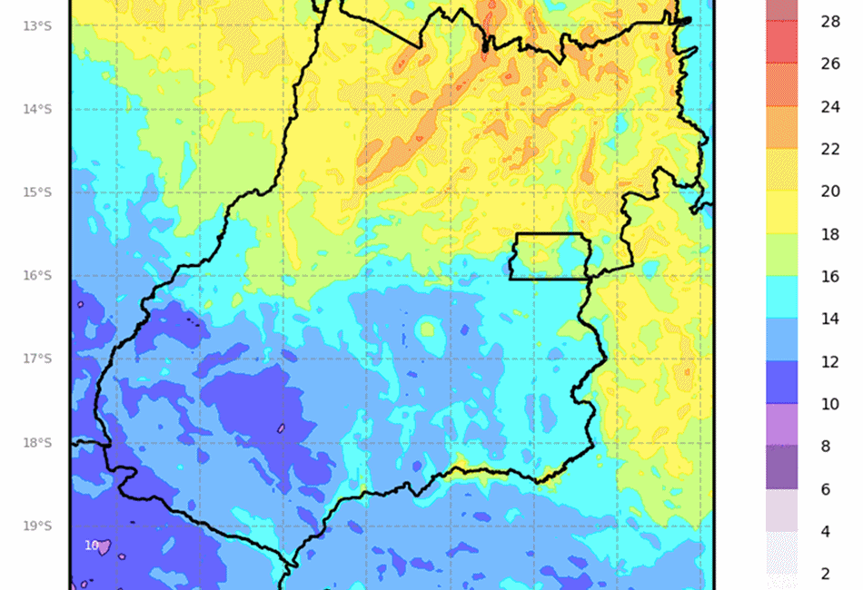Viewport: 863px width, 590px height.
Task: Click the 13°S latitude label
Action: (x=37, y=25)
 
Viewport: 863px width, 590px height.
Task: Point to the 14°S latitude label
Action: (x=37, y=109)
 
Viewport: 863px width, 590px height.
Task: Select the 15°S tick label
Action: (x=37, y=192)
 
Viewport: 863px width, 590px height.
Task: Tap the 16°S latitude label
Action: (x=37, y=276)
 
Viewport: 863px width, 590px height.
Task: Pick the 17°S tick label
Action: (x=37, y=359)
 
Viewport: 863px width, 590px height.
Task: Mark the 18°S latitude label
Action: (x=37, y=443)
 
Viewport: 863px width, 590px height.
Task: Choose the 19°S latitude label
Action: (x=37, y=526)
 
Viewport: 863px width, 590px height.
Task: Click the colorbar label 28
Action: (x=830, y=22)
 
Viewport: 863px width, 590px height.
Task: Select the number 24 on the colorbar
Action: (x=830, y=107)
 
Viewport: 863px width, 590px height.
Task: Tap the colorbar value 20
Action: (x=830, y=192)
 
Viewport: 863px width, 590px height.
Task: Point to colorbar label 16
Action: (x=830, y=277)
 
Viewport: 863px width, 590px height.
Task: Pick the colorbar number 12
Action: (x=830, y=362)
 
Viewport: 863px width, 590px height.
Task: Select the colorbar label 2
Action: (x=825, y=574)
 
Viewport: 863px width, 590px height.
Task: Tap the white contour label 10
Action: (x=92, y=545)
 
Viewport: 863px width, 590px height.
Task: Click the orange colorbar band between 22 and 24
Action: (x=782, y=128)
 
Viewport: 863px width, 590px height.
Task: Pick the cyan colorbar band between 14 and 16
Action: (x=782, y=298)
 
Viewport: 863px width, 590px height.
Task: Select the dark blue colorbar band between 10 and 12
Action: (x=782, y=382)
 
